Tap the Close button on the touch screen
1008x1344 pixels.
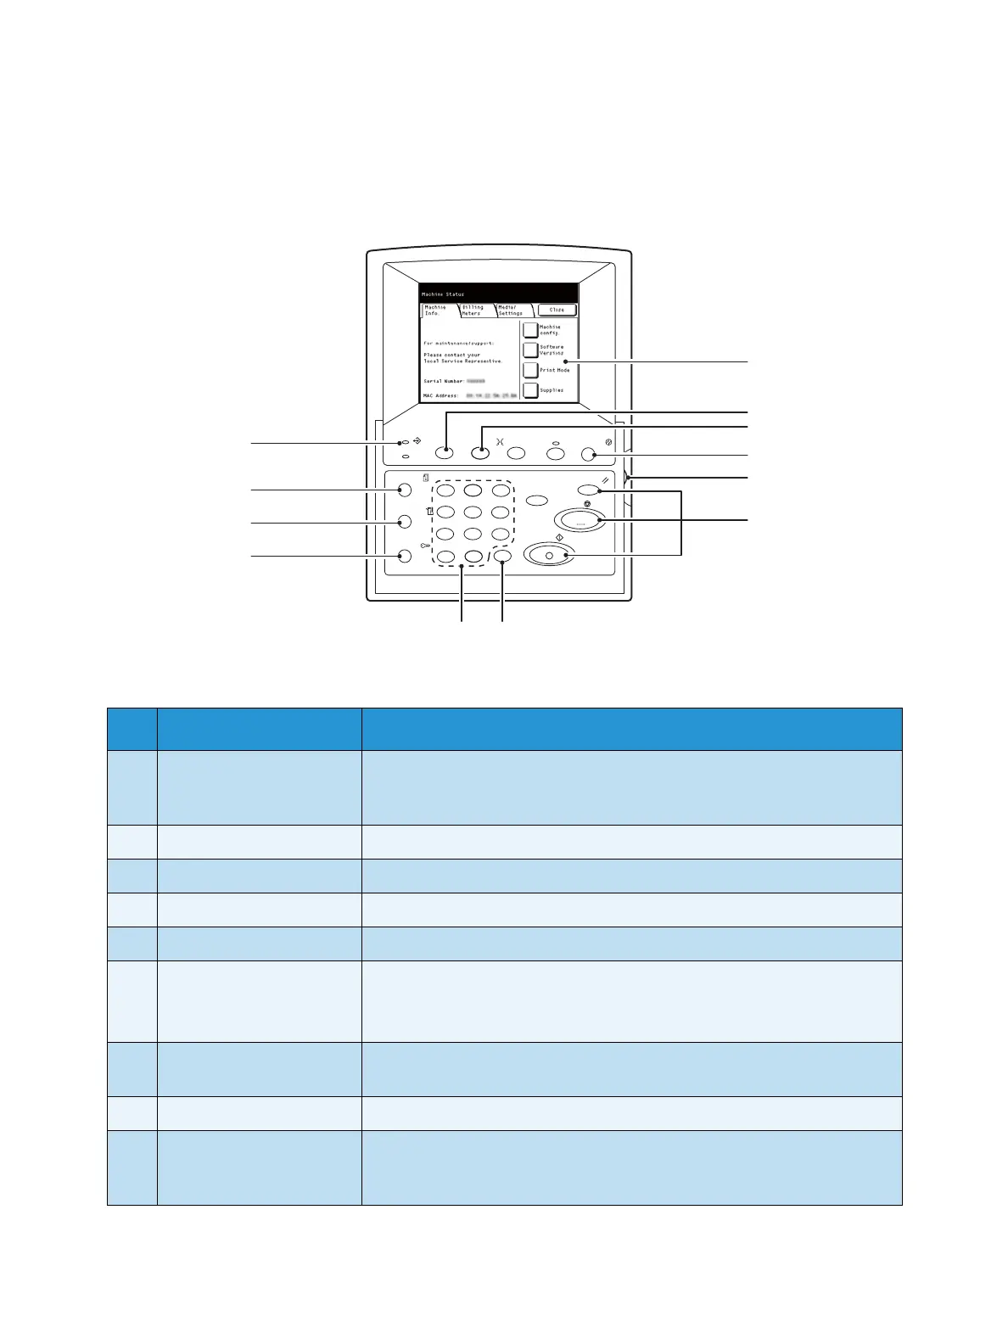(557, 310)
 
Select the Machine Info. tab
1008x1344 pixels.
(436, 311)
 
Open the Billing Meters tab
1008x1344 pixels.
(473, 311)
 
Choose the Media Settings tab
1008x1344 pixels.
(511, 311)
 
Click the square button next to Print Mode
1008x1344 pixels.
(530, 370)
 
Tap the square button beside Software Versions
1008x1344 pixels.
(530, 350)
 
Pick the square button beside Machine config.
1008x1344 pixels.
(530, 329)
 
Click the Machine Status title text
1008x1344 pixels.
(443, 294)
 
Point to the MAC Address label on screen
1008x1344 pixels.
(441, 395)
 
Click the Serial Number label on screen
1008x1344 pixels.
(444, 382)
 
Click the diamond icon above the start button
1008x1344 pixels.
(560, 538)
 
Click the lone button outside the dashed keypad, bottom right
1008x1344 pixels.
(502, 557)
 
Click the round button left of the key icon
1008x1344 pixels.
(405, 557)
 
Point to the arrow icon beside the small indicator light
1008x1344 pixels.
(417, 441)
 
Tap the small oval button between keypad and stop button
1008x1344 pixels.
(536, 500)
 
